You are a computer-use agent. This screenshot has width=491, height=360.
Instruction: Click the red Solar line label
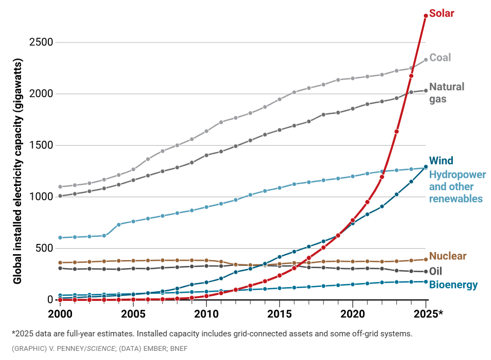(442, 13)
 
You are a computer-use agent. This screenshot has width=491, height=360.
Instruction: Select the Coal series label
(440, 57)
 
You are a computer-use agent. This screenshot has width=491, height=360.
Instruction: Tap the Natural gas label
(446, 92)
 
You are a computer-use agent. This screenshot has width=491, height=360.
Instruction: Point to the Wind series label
(442, 161)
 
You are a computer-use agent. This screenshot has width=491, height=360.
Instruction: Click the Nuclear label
(447, 256)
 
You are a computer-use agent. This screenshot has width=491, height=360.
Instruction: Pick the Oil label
(436, 271)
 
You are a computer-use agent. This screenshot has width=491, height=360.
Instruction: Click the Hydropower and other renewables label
(457, 186)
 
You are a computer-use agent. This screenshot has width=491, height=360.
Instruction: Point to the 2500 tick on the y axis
(42, 42)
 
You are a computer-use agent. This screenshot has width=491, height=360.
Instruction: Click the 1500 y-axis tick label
(42, 145)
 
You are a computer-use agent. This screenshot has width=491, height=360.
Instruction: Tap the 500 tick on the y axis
(45, 248)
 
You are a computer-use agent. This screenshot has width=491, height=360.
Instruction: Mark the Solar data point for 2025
(425, 16)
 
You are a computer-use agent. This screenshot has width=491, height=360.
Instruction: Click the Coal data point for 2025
(425, 60)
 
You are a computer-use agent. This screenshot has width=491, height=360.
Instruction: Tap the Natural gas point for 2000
(60, 196)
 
